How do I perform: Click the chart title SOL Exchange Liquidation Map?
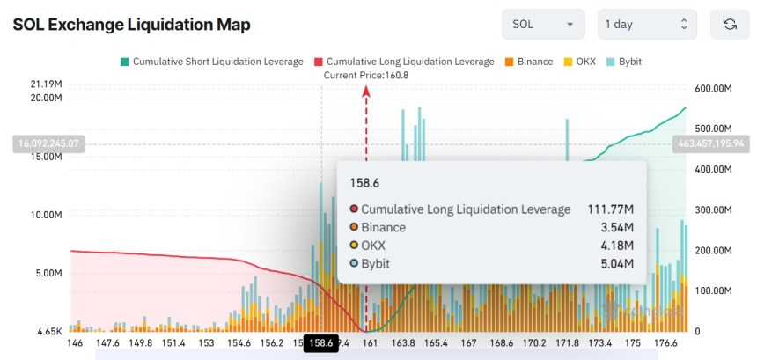131,25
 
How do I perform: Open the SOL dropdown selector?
543,25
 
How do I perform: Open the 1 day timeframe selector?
646,25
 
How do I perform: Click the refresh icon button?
729,25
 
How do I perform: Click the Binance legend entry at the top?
529,62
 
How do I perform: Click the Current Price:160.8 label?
366,75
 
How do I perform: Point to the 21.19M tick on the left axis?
45,84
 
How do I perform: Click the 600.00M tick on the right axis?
715,89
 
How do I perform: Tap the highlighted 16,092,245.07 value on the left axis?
48,143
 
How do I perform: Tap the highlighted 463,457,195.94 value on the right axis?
709,143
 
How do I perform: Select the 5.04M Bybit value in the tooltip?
616,263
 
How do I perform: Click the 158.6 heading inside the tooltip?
364,184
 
